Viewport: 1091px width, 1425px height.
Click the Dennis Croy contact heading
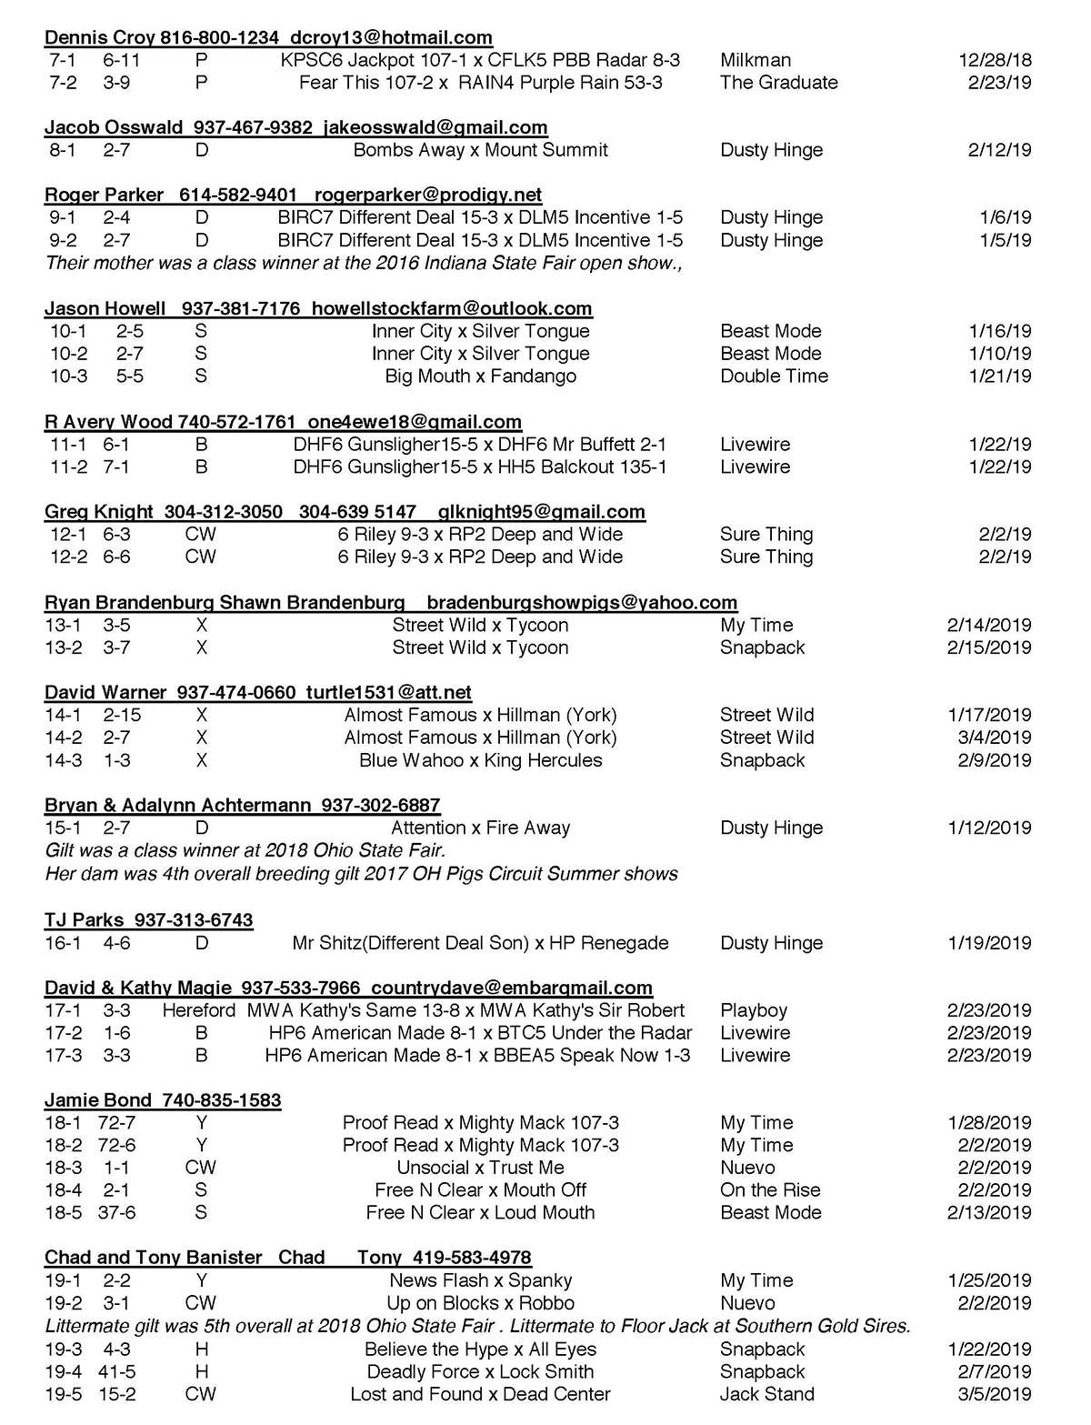(268, 38)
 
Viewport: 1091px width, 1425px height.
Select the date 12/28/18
(995, 61)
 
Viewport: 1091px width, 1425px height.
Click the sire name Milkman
(755, 61)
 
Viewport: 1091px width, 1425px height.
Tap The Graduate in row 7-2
(778, 83)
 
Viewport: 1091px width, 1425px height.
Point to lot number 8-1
(63, 150)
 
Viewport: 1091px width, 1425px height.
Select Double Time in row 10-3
(774, 376)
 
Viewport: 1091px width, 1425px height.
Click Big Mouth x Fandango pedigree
(480, 376)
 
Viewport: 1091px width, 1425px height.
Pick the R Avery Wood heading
(283, 422)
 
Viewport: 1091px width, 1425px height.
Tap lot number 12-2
(68, 557)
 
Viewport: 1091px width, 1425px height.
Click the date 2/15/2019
(988, 647)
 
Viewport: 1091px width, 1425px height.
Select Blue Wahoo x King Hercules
(480, 760)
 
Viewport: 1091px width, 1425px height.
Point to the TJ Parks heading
(148, 920)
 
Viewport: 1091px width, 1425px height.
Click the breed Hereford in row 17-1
(199, 1010)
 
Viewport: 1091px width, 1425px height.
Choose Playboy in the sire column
(754, 1010)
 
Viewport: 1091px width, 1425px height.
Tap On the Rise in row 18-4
(770, 1190)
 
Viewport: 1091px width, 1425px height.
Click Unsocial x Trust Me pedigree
(480, 1168)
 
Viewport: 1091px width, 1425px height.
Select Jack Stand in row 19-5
(766, 1394)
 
